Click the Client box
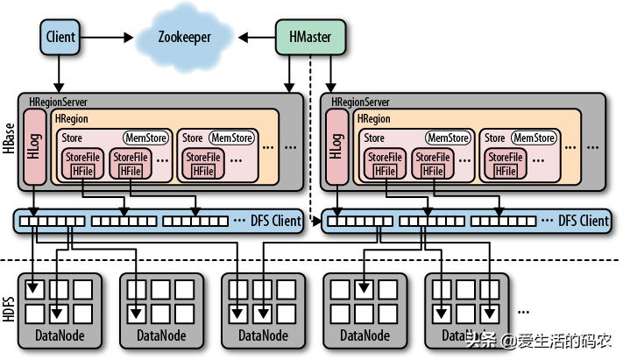(60, 37)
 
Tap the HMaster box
(310, 37)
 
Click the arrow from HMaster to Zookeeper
(258, 37)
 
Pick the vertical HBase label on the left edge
(8, 140)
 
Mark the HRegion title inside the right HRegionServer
(374, 118)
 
